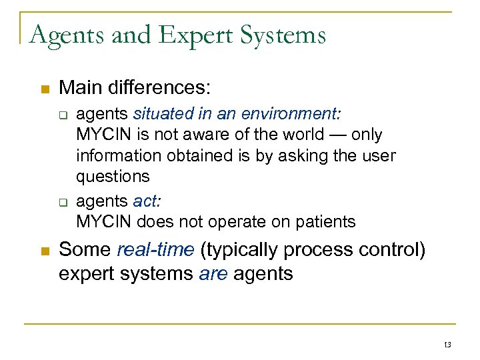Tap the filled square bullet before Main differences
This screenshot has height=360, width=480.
tap(44, 89)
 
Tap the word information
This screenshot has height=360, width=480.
tap(114, 156)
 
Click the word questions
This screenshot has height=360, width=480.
tap(113, 177)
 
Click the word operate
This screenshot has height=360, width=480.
tap(235, 221)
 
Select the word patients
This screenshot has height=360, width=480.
tap(325, 221)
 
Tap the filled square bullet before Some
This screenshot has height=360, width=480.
tap(44, 251)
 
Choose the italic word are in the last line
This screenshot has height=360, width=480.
tap(214, 273)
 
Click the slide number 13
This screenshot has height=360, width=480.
tap(447, 344)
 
